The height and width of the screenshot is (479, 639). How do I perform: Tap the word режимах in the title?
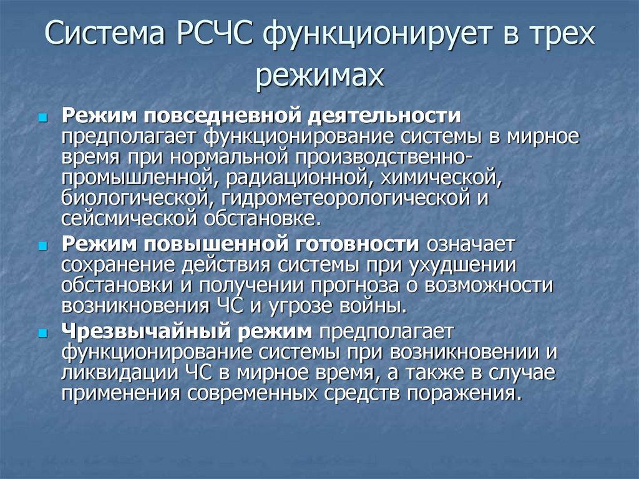319,76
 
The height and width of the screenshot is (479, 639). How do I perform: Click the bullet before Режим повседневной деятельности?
42,117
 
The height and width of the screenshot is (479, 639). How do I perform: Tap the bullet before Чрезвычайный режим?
42,333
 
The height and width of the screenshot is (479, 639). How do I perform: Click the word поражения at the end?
462,394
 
